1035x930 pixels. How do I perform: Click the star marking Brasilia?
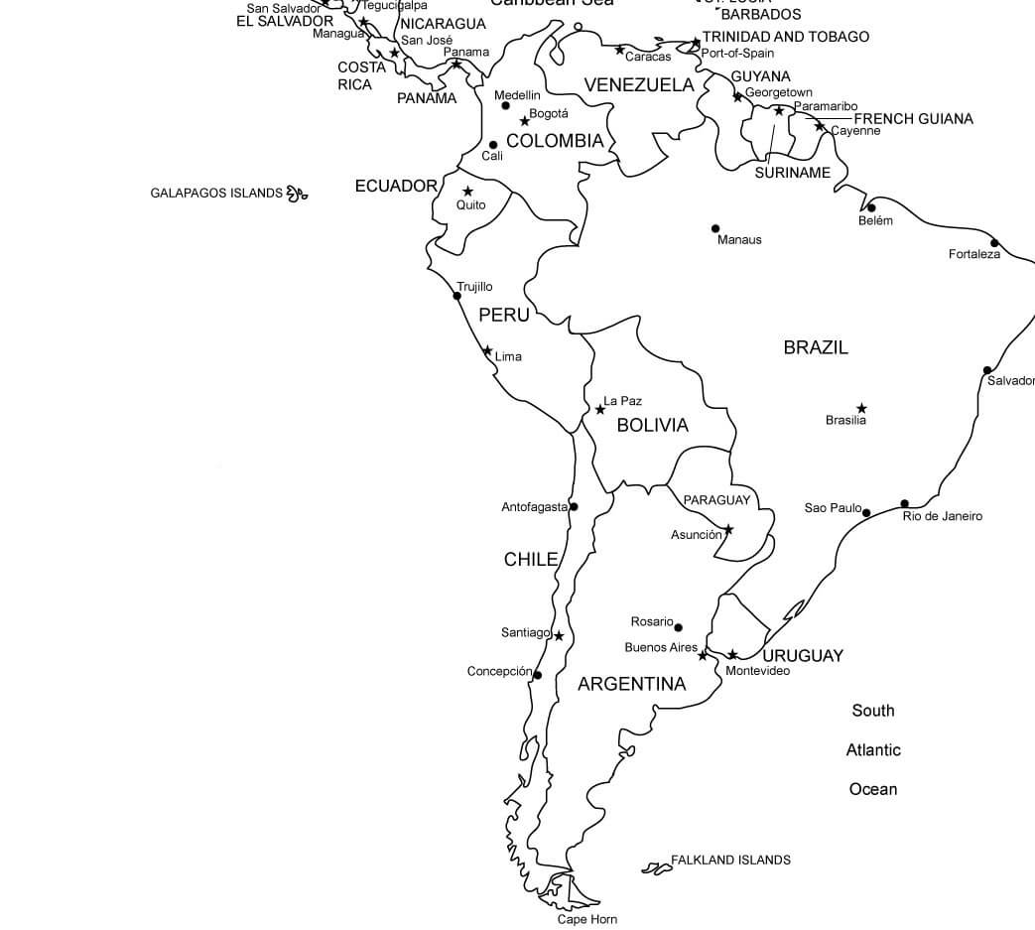point(861,408)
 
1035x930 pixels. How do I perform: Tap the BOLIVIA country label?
point(652,425)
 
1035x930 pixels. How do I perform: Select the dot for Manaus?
point(715,228)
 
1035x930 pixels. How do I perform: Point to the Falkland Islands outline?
point(656,868)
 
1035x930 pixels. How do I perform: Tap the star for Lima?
point(487,350)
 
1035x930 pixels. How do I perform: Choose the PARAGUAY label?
point(716,500)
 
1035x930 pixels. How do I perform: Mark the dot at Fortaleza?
point(994,242)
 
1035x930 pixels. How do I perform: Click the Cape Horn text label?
point(586,919)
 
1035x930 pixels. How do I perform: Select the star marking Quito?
point(467,191)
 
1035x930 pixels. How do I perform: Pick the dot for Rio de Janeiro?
point(904,503)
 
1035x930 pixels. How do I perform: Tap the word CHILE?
point(531,559)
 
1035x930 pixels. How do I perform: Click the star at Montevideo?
point(732,654)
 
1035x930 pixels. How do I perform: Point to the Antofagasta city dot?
point(574,506)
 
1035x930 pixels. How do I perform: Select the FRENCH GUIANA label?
point(913,119)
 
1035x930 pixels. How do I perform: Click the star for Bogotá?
point(525,121)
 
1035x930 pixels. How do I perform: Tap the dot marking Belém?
point(871,207)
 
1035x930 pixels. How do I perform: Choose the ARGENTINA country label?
point(631,684)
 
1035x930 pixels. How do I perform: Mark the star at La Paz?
point(599,409)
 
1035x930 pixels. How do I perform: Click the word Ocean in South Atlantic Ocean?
point(873,789)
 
